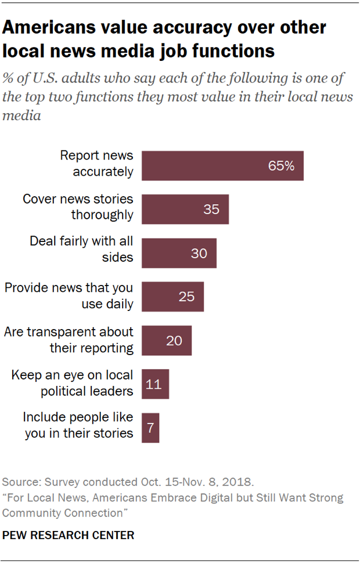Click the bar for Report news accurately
(222, 165)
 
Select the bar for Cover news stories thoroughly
(185, 209)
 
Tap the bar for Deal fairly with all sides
(179, 253)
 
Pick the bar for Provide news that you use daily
(172, 297)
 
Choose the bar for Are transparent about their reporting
(166, 340)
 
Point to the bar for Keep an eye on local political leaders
(155, 384)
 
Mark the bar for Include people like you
(150, 428)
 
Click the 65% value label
(281, 165)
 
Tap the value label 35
(211, 209)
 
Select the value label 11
(153, 384)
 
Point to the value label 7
(150, 428)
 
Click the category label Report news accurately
(97, 164)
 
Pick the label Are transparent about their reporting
(69, 339)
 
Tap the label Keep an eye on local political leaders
(72, 383)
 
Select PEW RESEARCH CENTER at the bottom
(69, 536)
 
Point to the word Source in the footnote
(18, 482)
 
